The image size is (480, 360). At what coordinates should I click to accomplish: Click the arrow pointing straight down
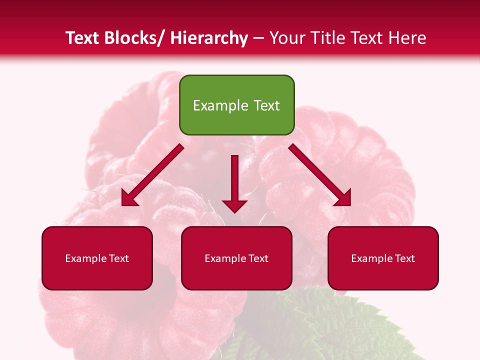[234, 182]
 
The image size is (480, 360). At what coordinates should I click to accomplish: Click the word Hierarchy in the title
[209, 38]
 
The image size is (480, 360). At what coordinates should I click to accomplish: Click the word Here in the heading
[407, 38]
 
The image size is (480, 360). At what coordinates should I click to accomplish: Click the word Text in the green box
[265, 105]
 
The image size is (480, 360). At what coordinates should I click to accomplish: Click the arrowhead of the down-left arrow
[129, 199]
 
